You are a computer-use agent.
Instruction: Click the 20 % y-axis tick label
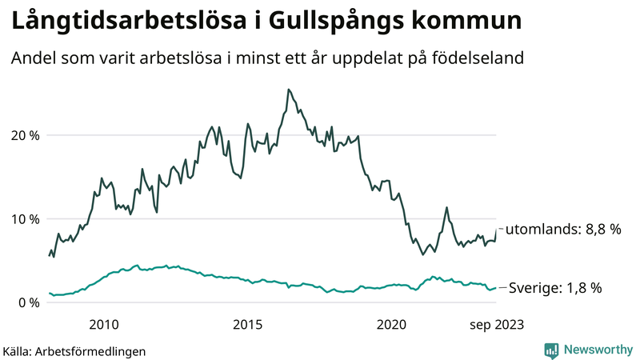click(x=24, y=135)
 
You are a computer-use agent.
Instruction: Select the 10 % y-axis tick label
click(x=24, y=219)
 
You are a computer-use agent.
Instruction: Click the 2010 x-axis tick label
click(x=104, y=324)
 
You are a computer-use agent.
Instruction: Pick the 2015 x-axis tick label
click(x=248, y=324)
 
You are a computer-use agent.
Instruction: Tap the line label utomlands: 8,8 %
click(x=563, y=230)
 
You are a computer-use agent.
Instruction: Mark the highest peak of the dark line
click(x=288, y=90)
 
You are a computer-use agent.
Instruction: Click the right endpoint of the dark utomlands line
click(x=496, y=230)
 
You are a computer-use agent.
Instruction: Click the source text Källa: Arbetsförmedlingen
click(x=74, y=350)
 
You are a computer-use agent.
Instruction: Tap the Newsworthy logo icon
click(x=551, y=350)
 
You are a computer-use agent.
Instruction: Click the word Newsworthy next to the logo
click(x=598, y=350)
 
